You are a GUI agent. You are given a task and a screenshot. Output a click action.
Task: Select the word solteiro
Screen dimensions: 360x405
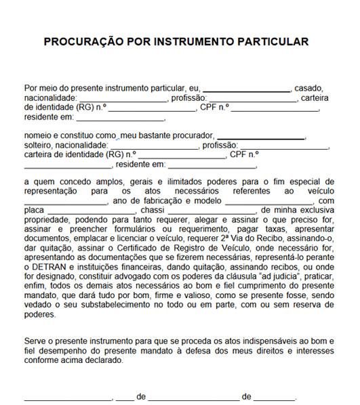click(39, 146)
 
